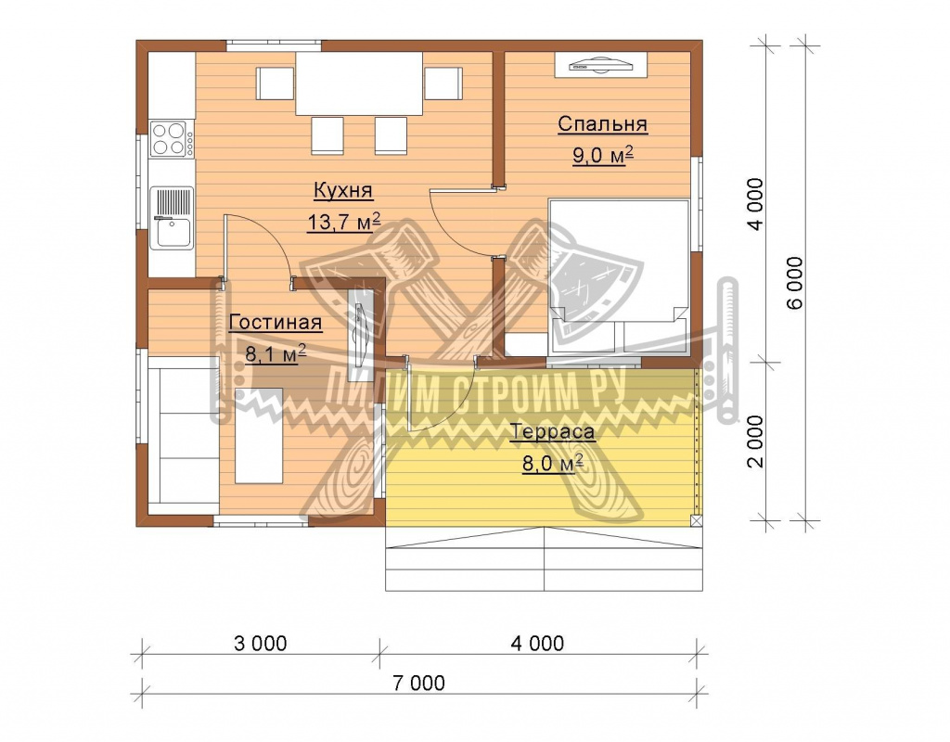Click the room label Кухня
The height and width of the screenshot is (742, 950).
click(343, 190)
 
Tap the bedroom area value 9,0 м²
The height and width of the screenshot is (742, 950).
click(603, 155)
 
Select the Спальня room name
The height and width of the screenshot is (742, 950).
click(602, 123)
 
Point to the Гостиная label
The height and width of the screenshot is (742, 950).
click(275, 322)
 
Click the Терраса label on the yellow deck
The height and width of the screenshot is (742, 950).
click(553, 432)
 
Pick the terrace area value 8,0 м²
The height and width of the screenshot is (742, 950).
click(553, 464)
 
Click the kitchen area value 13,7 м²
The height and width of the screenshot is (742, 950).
click(343, 222)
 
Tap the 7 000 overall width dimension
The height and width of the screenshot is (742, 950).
click(418, 683)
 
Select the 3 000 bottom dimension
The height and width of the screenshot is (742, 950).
click(260, 643)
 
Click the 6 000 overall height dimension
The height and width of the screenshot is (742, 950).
click(794, 282)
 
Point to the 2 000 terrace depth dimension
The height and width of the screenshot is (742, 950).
click(755, 441)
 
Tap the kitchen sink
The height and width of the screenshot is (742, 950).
click(172, 217)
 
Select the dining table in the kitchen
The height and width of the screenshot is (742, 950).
click(359, 83)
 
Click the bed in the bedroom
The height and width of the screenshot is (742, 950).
click(619, 276)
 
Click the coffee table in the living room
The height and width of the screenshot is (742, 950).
click(259, 436)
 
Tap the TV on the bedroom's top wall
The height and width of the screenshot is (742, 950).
click(600, 65)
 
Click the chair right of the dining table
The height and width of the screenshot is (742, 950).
click(443, 83)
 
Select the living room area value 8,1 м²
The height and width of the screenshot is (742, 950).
click(275, 353)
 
